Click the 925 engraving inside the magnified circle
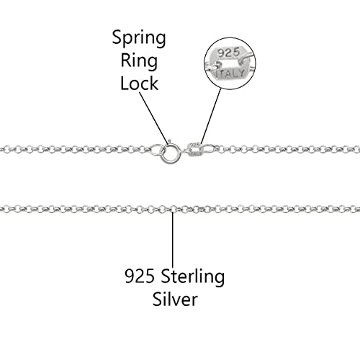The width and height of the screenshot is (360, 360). coord(228,52)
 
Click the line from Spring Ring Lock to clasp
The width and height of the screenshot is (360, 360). coord(153,115)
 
